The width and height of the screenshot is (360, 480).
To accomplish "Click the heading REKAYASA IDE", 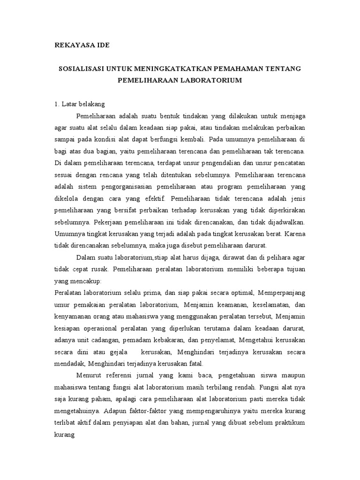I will tap(82, 45).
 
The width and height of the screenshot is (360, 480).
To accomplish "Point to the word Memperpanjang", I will tap(281, 292).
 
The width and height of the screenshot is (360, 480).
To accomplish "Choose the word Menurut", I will tap(90, 375).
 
